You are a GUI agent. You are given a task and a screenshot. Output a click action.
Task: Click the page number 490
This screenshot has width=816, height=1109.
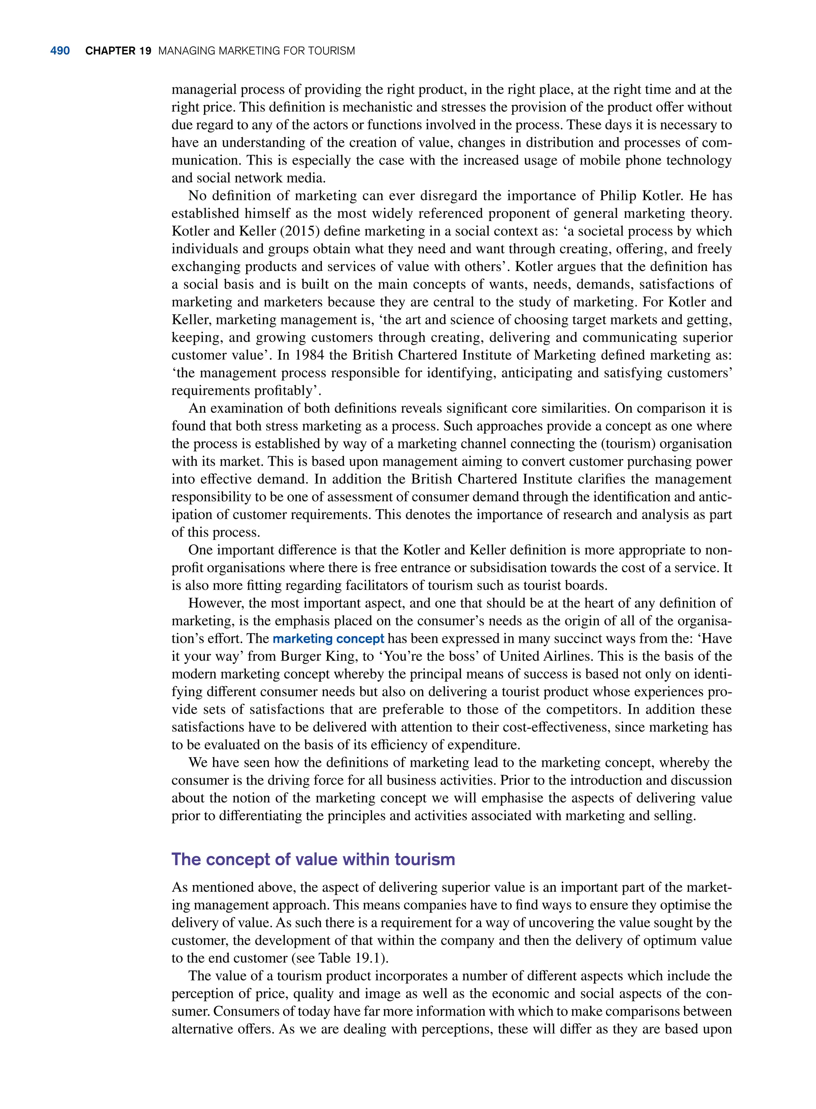[x=60, y=51]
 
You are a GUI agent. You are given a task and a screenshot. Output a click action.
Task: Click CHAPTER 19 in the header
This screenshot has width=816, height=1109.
[x=118, y=51]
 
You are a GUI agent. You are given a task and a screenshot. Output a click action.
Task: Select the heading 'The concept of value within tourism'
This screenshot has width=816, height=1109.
[x=313, y=859]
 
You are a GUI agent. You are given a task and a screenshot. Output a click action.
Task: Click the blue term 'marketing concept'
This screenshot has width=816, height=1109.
[x=328, y=639]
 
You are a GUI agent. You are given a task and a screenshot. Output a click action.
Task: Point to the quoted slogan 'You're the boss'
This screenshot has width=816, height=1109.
[x=435, y=656]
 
